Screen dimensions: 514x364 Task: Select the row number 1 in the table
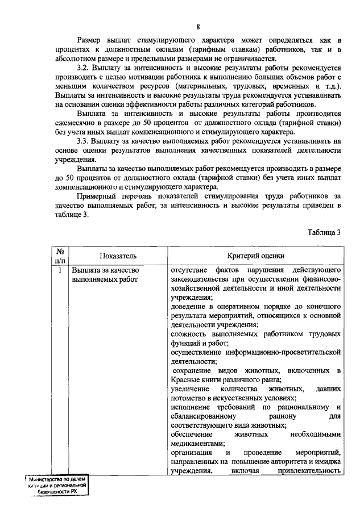(59, 270)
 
